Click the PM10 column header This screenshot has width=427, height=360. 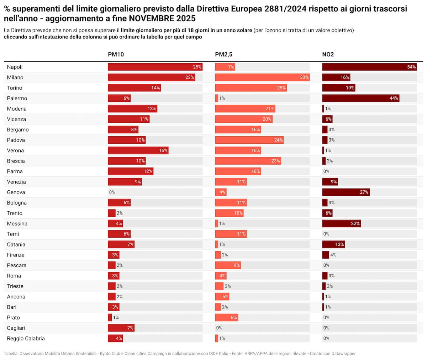116,54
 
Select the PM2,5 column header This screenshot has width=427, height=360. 224,54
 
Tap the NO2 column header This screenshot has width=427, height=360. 328,54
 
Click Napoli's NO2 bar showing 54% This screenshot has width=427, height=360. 369,67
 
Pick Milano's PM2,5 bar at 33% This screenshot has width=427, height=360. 262,77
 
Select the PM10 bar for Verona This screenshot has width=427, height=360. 138,150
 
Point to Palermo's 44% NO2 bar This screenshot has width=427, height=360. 361,98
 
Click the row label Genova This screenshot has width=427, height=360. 16,192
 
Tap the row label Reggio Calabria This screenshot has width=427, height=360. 26,338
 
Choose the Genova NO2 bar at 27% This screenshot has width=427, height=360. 346,192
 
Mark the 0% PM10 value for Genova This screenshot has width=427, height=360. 112,192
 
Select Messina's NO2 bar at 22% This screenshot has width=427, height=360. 342,223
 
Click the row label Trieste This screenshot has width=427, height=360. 15,286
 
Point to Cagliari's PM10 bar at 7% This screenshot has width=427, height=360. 121,328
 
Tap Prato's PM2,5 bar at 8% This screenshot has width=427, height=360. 226,317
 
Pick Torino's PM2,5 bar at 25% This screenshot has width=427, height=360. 251,88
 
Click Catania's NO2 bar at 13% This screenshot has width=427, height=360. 333,244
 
